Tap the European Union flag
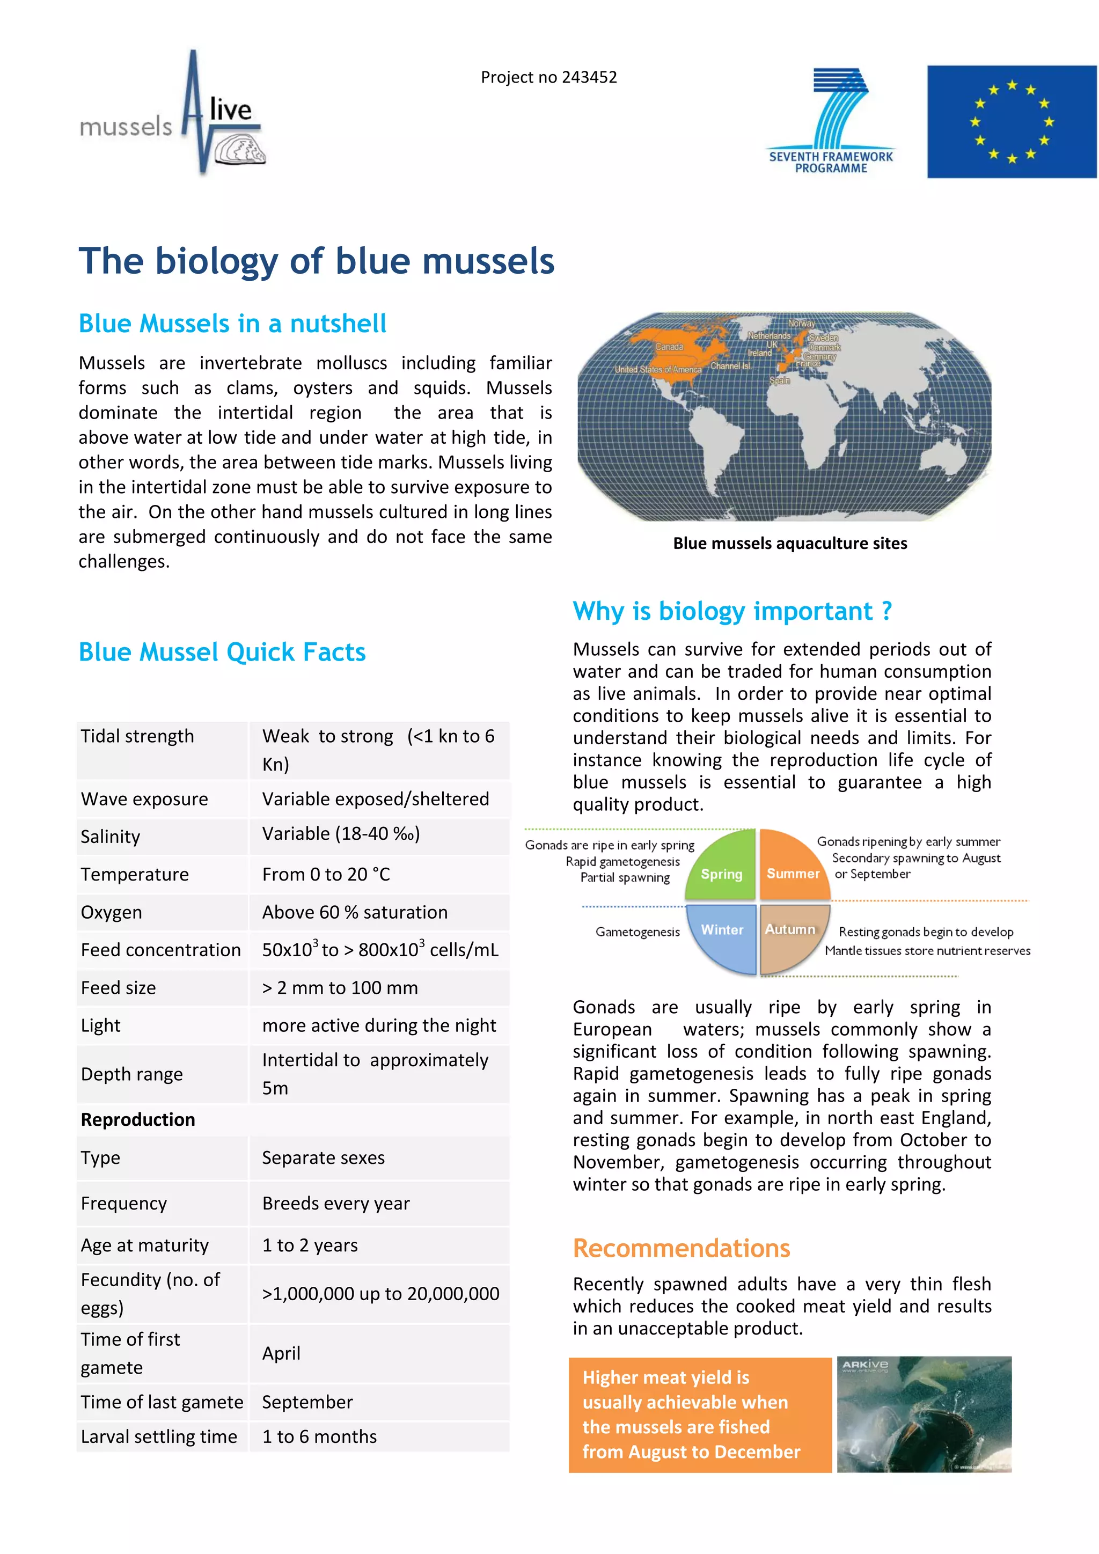point(1011,122)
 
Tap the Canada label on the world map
point(669,347)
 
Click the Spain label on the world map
point(779,380)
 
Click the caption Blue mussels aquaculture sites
point(790,544)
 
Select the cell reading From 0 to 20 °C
point(326,875)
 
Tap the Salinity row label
point(111,837)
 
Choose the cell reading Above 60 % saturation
point(355,912)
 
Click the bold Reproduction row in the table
point(138,1119)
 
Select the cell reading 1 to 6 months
point(319,1436)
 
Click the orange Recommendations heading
point(681,1248)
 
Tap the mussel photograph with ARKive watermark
point(924,1414)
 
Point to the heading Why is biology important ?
point(732,611)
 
